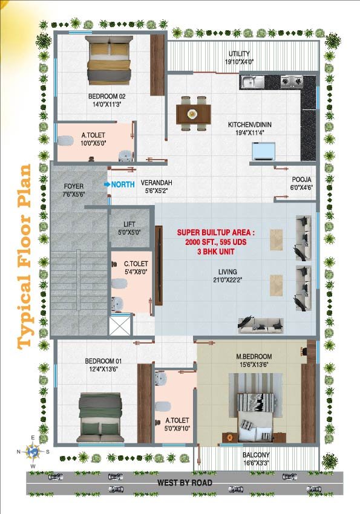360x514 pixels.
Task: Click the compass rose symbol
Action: (33, 451)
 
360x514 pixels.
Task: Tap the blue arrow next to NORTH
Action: (106, 184)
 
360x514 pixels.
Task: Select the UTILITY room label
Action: (240, 53)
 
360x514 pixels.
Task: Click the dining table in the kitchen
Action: (194, 114)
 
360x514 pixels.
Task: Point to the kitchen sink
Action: (252, 82)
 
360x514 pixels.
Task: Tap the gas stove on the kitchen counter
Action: (292, 80)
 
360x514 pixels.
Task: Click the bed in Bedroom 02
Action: (109, 60)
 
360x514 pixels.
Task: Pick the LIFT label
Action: (129, 224)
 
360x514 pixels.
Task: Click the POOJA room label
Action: (302, 180)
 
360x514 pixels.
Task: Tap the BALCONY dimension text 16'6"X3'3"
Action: (256, 463)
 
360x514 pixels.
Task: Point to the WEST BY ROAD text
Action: (185, 483)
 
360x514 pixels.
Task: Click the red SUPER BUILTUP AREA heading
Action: (215, 232)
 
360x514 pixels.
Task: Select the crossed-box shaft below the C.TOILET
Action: (119, 325)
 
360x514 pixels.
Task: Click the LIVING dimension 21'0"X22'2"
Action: (227, 280)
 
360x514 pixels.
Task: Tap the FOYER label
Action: (73, 186)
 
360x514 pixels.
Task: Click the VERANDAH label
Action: (156, 183)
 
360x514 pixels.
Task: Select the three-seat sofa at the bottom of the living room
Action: (261, 325)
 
